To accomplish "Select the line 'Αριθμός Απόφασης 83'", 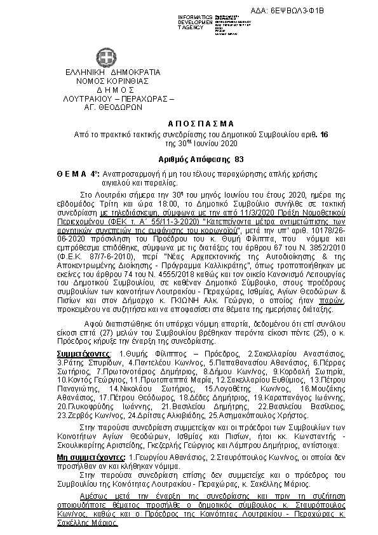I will (189, 158).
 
